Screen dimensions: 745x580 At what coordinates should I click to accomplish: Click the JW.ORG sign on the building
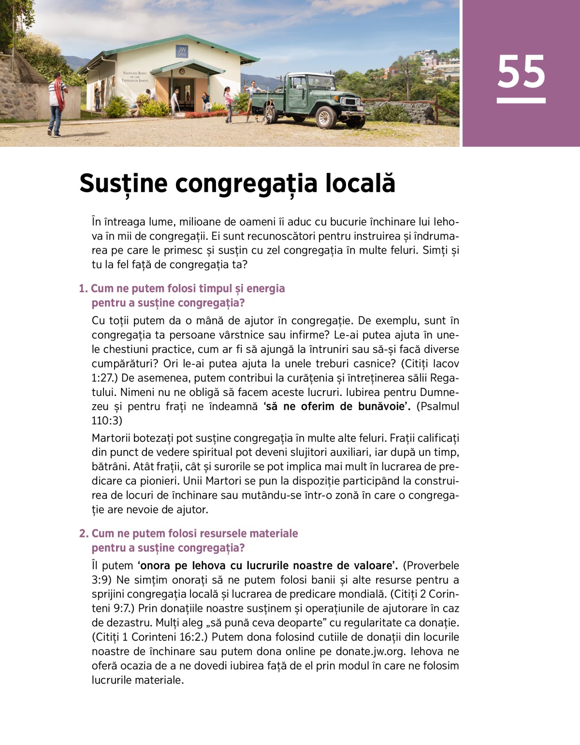tap(182, 52)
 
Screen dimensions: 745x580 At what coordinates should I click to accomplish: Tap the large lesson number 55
tap(521, 71)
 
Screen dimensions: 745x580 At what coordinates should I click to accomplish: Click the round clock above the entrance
tap(182, 71)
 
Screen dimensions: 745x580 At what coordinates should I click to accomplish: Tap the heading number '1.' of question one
tap(83, 288)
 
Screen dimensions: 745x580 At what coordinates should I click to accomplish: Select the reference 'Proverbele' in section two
tap(431, 565)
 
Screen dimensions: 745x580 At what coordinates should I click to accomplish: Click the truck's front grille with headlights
tap(351, 102)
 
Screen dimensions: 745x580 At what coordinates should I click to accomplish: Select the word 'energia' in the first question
tap(266, 288)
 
